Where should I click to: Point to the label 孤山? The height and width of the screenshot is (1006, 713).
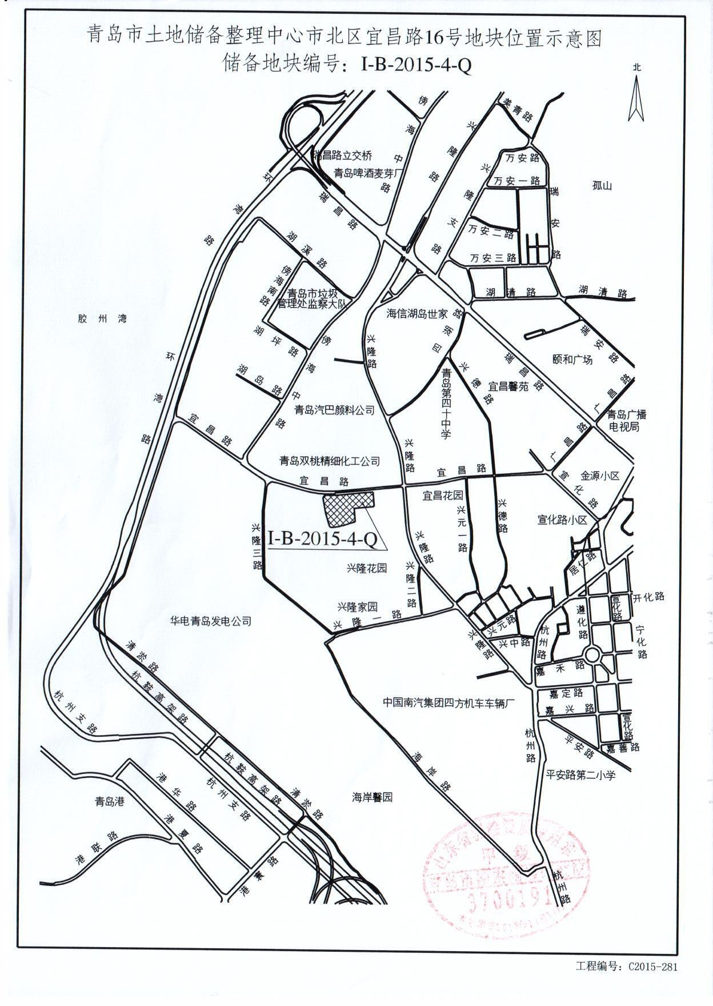coord(602,186)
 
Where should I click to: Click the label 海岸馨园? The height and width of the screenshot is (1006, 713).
coord(372,797)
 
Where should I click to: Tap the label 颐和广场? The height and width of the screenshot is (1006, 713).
coord(573,360)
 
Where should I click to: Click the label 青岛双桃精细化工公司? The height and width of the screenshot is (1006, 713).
coord(329,460)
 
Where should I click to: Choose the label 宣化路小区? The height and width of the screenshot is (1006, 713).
coord(563,520)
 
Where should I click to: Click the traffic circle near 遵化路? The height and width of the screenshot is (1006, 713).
coord(592,654)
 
